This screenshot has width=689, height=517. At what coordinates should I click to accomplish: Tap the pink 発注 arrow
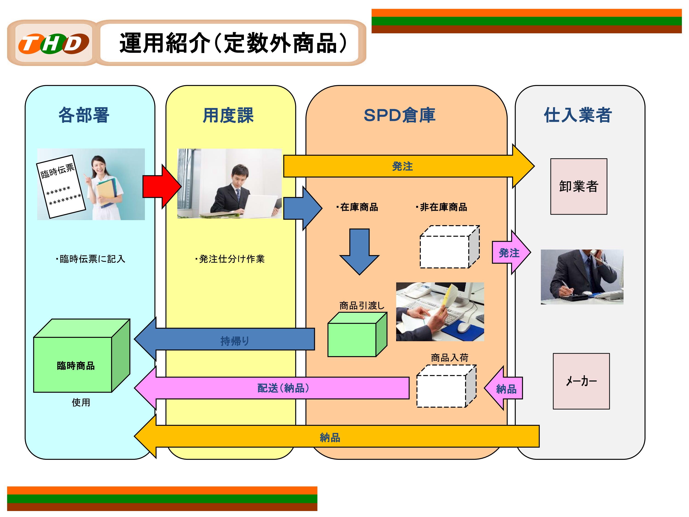point(509,253)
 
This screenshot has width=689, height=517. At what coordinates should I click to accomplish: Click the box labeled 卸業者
point(579,186)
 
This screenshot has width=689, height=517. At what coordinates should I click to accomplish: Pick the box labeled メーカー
point(581,381)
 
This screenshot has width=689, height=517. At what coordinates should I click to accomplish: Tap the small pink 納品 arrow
point(505,388)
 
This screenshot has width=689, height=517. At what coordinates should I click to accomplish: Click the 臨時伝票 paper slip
point(61,186)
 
